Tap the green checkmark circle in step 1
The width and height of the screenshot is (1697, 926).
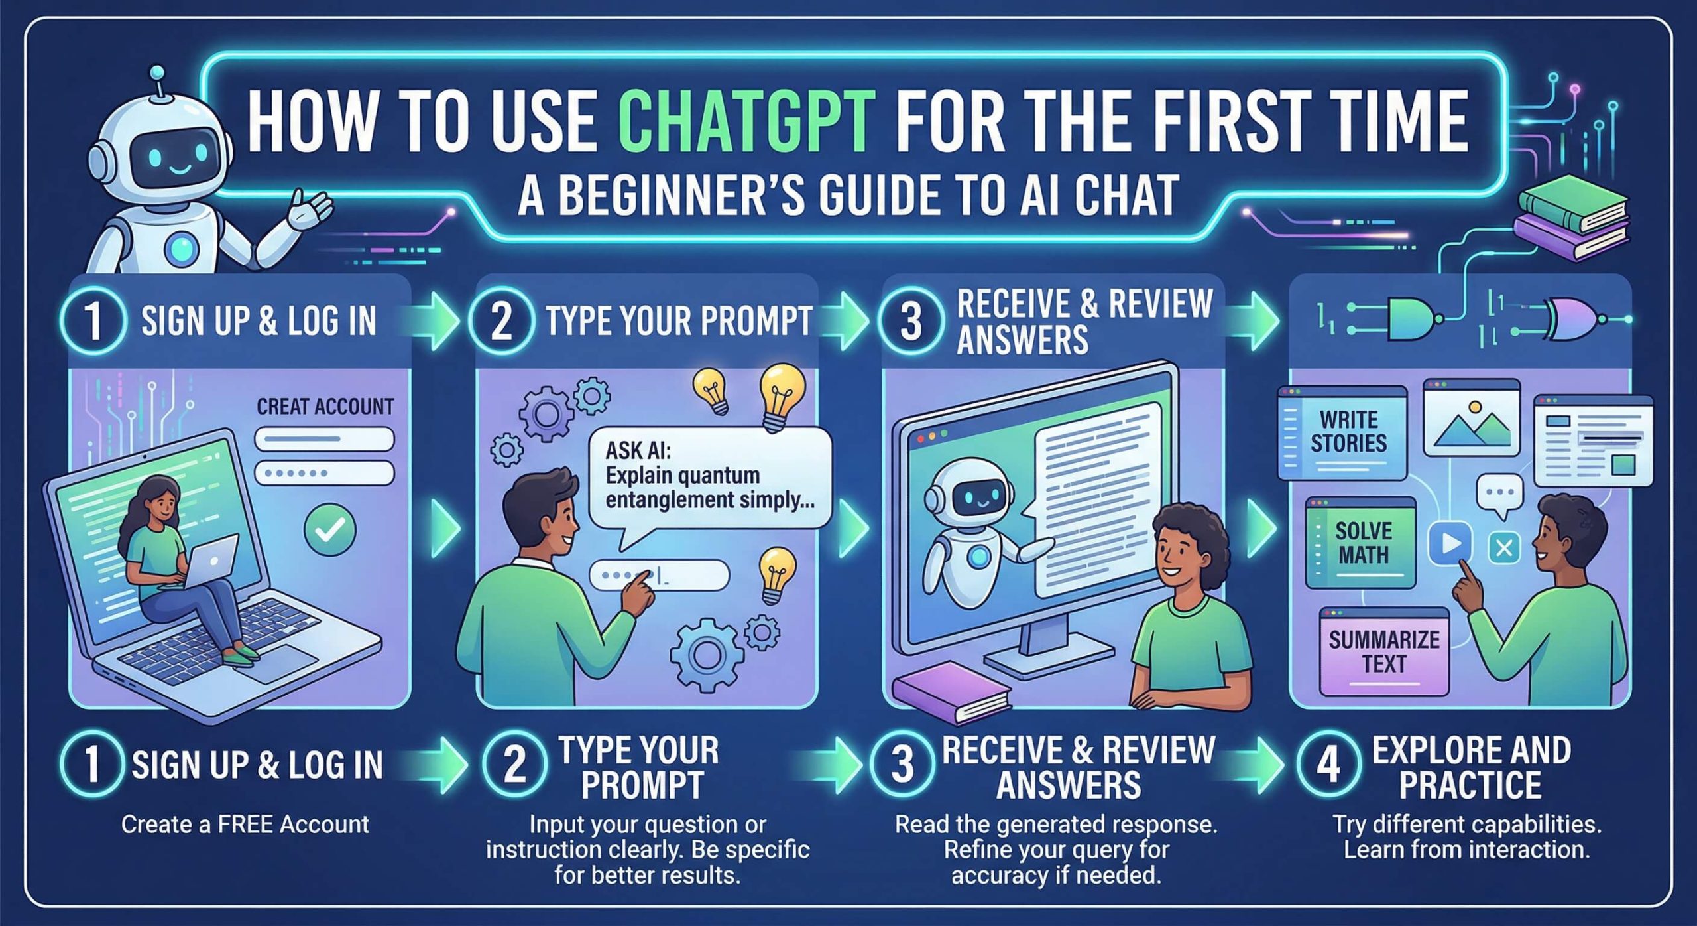tap(329, 529)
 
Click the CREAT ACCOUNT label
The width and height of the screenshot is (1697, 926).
tap(325, 406)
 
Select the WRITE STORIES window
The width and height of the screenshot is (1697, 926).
tap(1342, 432)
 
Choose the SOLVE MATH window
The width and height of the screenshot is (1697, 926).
tap(1360, 543)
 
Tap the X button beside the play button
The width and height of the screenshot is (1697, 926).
tap(1504, 548)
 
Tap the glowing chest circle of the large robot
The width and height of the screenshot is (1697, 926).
tap(181, 247)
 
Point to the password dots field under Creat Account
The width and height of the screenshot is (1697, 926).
tap(325, 473)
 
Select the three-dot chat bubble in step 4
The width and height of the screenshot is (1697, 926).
tap(1500, 495)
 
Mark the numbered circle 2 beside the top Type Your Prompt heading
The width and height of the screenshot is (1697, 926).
tap(501, 320)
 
